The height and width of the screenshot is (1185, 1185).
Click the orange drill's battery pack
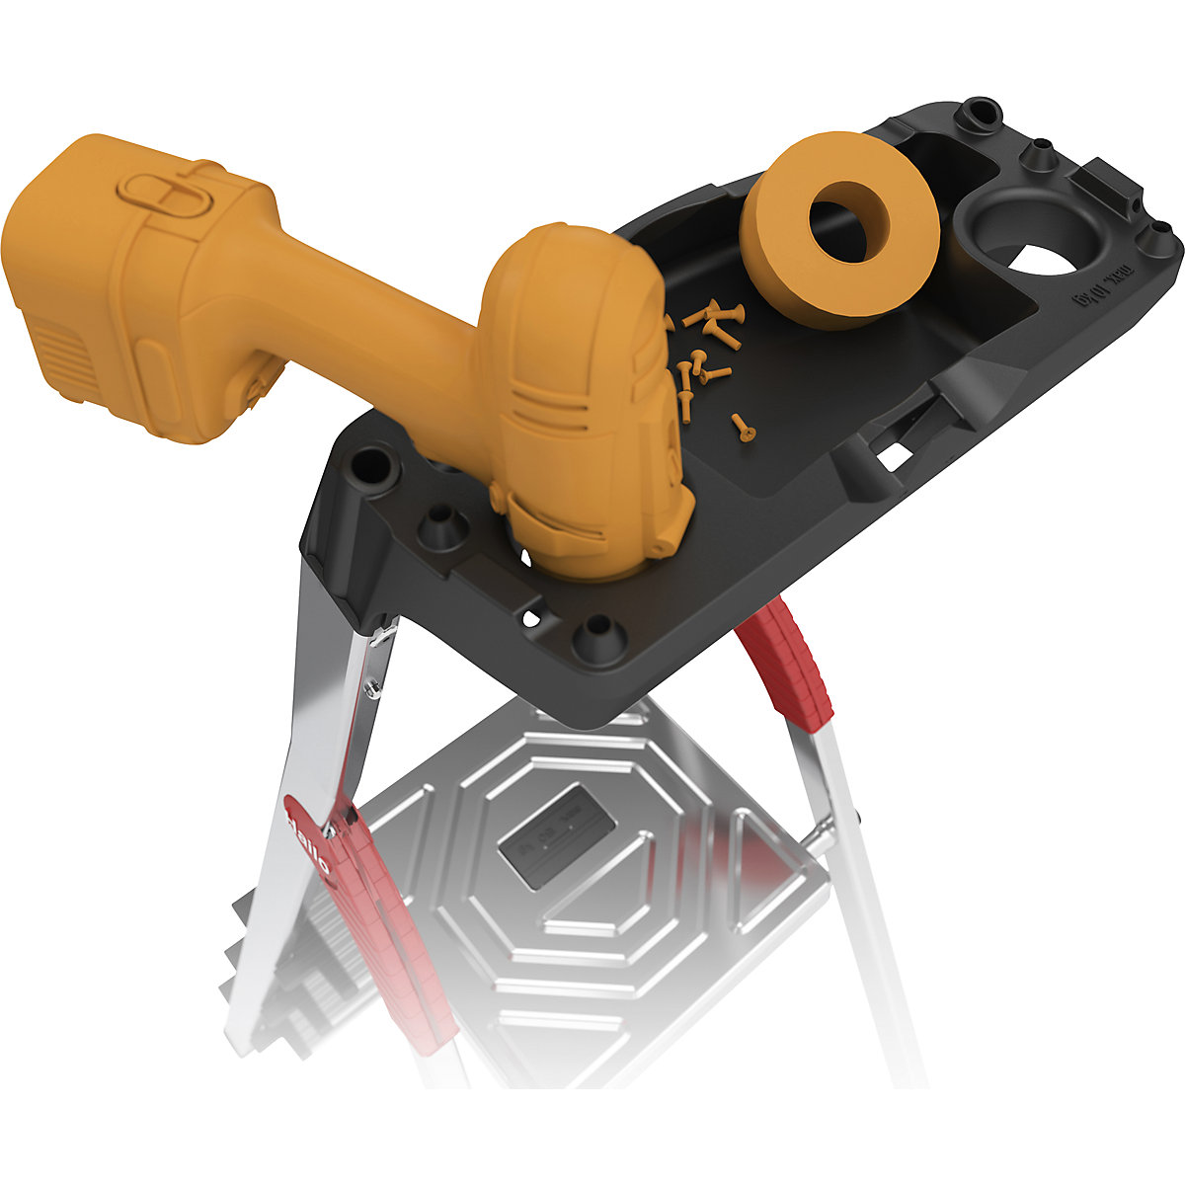click(109, 286)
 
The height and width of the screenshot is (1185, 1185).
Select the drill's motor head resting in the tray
click(583, 395)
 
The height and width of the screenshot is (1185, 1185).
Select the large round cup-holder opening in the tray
click(1027, 237)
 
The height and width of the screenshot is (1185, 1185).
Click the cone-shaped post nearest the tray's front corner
click(598, 631)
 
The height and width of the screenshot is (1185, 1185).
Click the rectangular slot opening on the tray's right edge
click(895, 454)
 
